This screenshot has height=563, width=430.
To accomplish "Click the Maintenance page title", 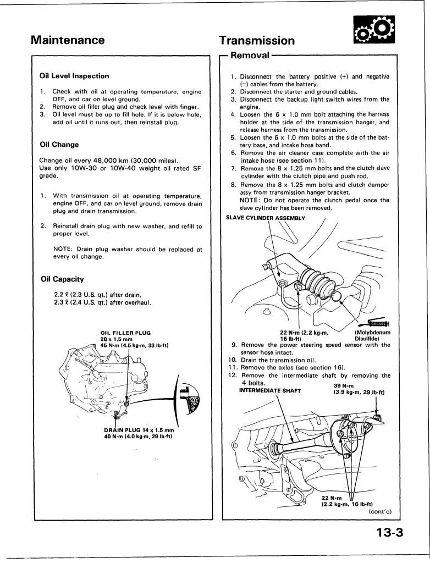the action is coord(68,40).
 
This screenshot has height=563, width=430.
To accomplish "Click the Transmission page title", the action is coord(256,40).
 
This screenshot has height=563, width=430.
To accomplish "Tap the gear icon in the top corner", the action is coord(374,30).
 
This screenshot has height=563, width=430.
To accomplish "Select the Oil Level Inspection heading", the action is coord(74,76).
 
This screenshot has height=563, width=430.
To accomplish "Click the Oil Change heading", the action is coord(59,145).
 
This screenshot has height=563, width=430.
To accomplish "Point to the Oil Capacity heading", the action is coord(62,279).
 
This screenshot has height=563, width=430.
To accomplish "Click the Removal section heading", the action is coord(250,56).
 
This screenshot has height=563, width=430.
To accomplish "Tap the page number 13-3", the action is coord(390,532).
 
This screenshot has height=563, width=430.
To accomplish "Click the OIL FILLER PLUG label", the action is coord(125,333).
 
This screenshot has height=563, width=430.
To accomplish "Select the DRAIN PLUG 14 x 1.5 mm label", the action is coord(139,430).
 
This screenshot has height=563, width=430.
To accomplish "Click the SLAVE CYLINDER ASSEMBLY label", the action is coord(266,218).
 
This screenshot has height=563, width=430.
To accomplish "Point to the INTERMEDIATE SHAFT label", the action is coord(270,391).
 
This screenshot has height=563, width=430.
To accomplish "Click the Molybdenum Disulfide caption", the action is coord(372,335).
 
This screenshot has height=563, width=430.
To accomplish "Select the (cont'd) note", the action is coord(380,512).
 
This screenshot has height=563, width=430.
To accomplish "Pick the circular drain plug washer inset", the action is coord(188,399).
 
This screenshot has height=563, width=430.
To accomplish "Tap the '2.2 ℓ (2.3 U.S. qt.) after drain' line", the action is coord(97,295).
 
